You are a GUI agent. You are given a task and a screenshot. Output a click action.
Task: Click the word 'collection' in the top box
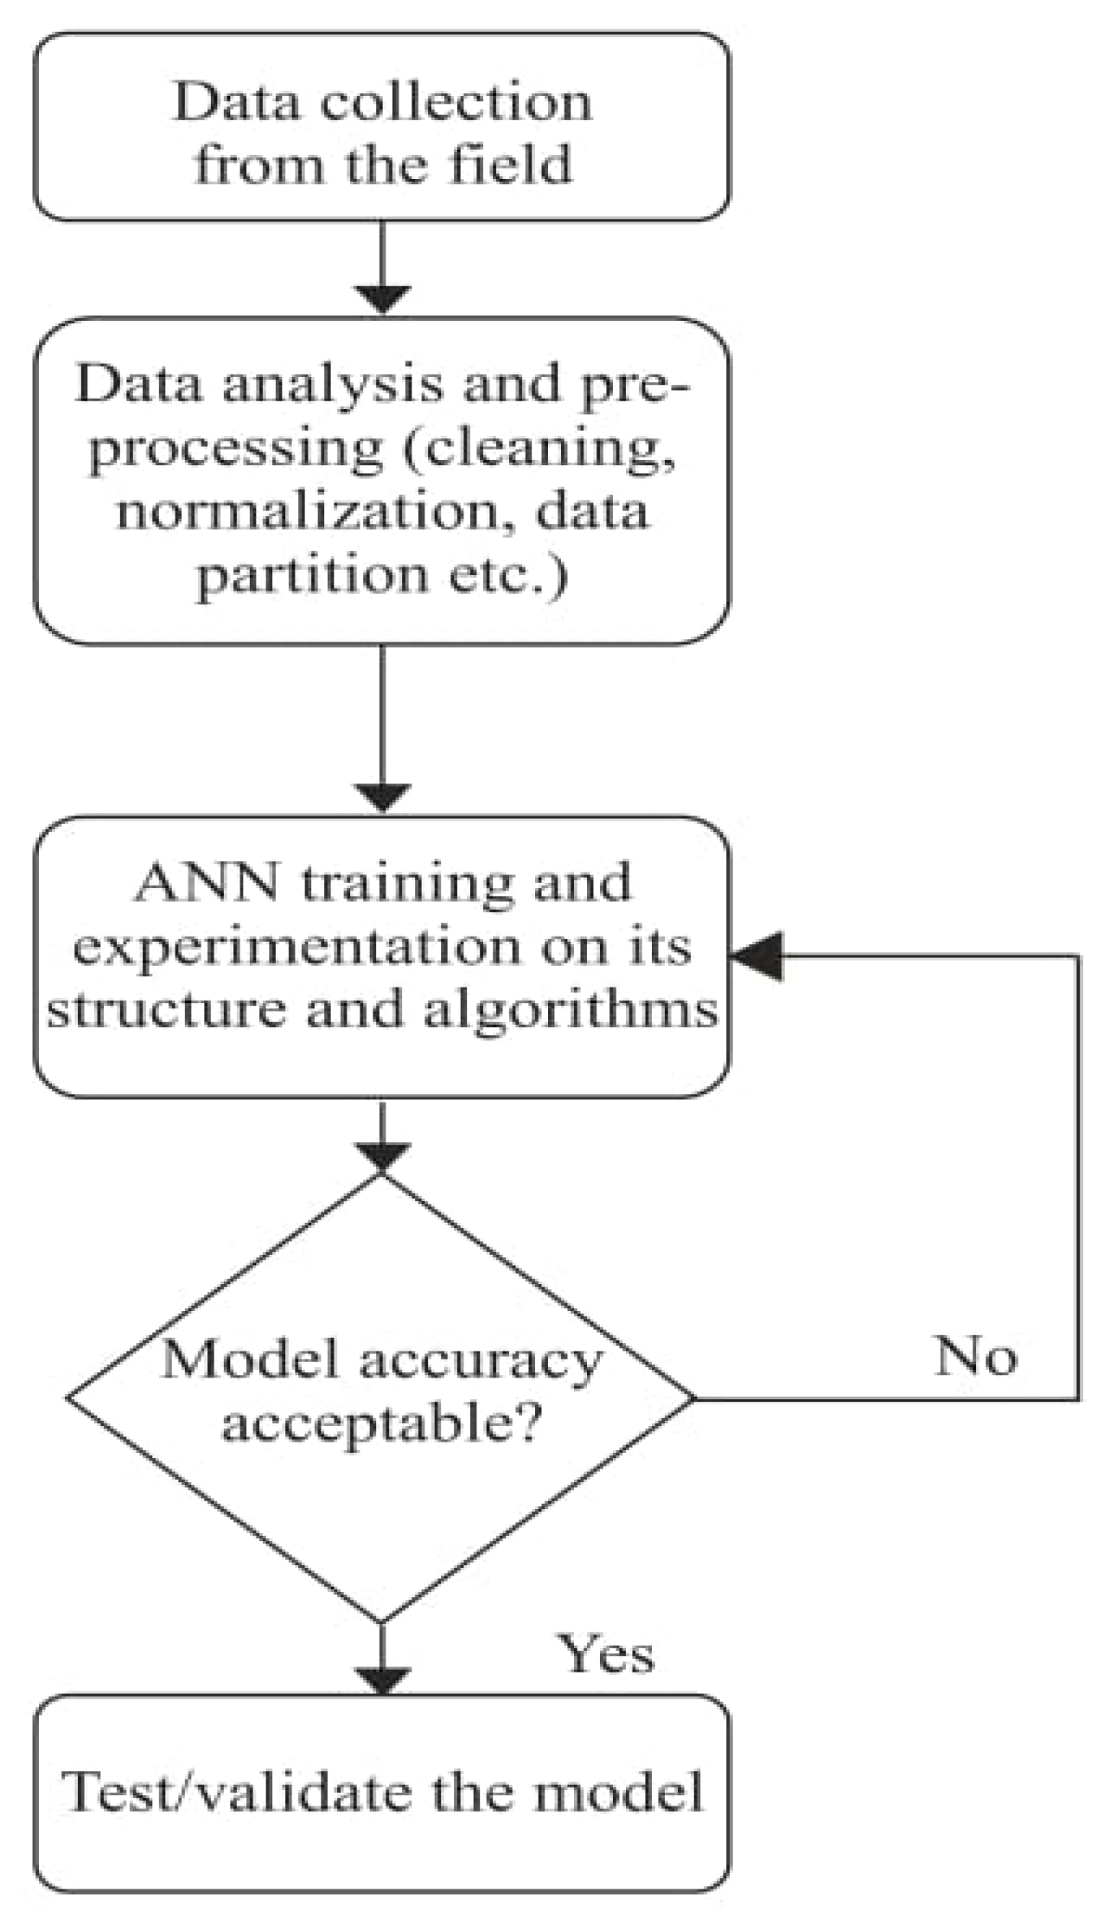point(456,103)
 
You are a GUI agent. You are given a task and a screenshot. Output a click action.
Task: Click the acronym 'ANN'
point(207,884)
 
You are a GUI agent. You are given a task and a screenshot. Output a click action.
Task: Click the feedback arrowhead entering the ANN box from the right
point(758,956)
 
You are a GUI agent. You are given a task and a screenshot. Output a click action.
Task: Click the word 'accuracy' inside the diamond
point(481,1360)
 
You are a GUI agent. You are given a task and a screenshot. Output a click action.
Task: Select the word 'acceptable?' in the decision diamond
point(381,1421)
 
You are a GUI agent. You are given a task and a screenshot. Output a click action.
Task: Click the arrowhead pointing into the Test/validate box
point(382,1679)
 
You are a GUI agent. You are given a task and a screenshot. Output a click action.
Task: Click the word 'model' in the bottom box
point(617,1791)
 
